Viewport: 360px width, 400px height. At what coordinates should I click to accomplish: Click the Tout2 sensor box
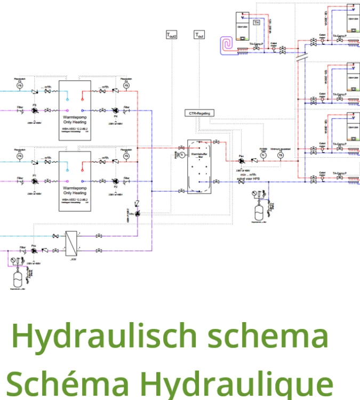click(171, 35)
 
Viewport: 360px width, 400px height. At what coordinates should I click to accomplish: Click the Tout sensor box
click(199, 35)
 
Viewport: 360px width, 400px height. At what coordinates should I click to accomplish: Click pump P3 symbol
click(35, 110)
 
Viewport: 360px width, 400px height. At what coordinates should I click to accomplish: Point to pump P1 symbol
click(35, 181)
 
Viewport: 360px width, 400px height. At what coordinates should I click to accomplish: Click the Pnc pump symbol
click(34, 250)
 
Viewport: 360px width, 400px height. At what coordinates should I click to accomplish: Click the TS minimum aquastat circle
click(281, 155)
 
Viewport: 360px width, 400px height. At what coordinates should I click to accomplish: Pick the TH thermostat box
click(256, 22)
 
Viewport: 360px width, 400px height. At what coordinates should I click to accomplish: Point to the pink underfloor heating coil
click(228, 44)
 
